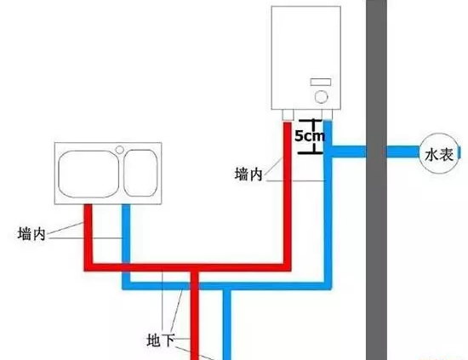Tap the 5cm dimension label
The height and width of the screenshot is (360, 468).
[x=310, y=136]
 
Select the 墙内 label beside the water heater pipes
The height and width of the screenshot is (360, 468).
[x=248, y=174]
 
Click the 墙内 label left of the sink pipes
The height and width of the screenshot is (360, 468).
[x=31, y=234]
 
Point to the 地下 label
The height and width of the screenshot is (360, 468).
[x=161, y=340]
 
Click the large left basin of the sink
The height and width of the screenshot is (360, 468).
[x=88, y=174]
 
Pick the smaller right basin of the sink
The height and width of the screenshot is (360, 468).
[x=140, y=173]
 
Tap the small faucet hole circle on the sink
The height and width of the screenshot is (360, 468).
[x=120, y=150]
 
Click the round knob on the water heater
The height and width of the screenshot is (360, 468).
[x=321, y=97]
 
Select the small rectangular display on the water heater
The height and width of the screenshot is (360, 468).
[x=321, y=82]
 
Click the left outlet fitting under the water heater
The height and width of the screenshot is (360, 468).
[x=288, y=115]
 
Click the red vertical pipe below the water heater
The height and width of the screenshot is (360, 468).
[x=288, y=194]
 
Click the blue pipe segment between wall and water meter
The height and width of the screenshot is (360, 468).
[x=403, y=151]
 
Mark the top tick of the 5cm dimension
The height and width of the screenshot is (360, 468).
[x=311, y=120]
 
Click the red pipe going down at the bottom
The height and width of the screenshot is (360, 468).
[x=194, y=316]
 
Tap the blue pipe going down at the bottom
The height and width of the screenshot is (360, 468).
[x=227, y=325]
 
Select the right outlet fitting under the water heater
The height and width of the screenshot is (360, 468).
[x=327, y=115]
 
